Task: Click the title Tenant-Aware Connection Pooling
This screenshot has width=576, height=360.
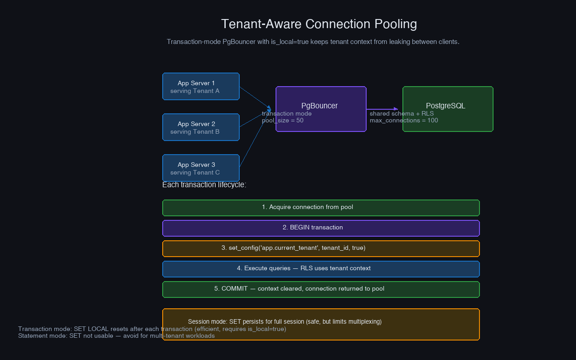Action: tap(319, 24)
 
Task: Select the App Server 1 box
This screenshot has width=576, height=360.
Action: tap(201, 86)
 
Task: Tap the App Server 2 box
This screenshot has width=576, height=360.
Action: tap(201, 127)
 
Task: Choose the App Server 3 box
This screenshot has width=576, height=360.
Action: tap(201, 168)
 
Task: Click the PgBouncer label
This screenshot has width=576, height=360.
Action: tap(319, 106)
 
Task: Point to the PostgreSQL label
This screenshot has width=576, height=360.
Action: tap(445, 106)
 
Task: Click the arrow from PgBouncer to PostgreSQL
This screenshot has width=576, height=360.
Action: tap(382, 109)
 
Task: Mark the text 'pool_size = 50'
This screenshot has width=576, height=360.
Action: tap(283, 121)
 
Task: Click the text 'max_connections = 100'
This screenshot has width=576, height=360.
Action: tap(404, 121)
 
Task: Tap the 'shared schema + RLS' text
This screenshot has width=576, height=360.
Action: tap(402, 113)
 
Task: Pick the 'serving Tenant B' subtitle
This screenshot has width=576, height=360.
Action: tap(195, 132)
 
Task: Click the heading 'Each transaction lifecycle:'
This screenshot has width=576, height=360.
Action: tap(204, 185)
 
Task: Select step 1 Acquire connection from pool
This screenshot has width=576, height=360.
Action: tap(321, 207)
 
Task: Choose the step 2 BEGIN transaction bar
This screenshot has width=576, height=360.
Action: tap(321, 228)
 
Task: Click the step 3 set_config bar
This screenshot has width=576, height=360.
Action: tap(321, 248)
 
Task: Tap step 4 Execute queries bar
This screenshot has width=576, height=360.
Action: tap(321, 268)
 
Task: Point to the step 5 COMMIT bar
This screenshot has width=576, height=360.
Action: tap(321, 289)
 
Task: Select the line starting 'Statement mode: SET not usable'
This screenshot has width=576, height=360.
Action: tap(116, 336)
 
